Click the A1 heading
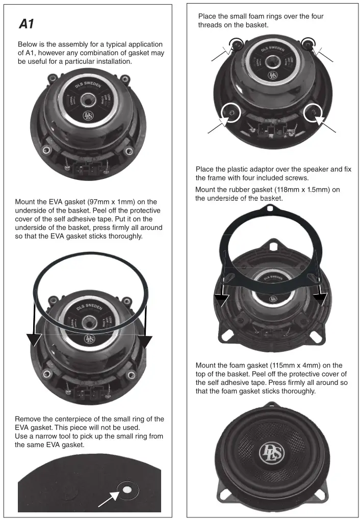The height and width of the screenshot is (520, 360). [27, 24]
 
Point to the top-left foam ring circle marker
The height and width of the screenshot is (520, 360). [236, 44]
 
